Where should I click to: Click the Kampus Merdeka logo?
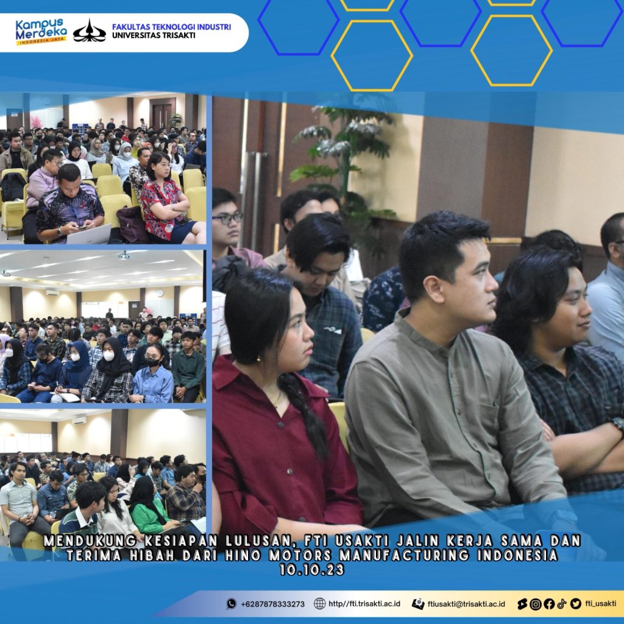click(41, 32)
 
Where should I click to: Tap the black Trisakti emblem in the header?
click(90, 31)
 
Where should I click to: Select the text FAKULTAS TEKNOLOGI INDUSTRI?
click(171, 27)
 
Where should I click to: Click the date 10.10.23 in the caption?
click(311, 570)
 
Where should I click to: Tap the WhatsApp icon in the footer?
click(231, 604)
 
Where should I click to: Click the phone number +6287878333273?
click(272, 604)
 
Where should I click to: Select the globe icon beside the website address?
click(319, 604)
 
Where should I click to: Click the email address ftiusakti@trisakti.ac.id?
click(466, 604)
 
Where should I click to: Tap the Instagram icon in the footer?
click(536, 604)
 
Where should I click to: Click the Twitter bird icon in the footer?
click(575, 604)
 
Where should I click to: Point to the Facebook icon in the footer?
click(549, 604)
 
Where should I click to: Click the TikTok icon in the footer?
click(562, 604)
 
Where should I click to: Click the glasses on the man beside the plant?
click(228, 218)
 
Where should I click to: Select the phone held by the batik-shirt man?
click(82, 228)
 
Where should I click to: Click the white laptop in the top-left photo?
click(89, 235)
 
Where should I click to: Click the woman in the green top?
click(149, 505)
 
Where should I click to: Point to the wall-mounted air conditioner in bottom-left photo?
click(79, 420)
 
